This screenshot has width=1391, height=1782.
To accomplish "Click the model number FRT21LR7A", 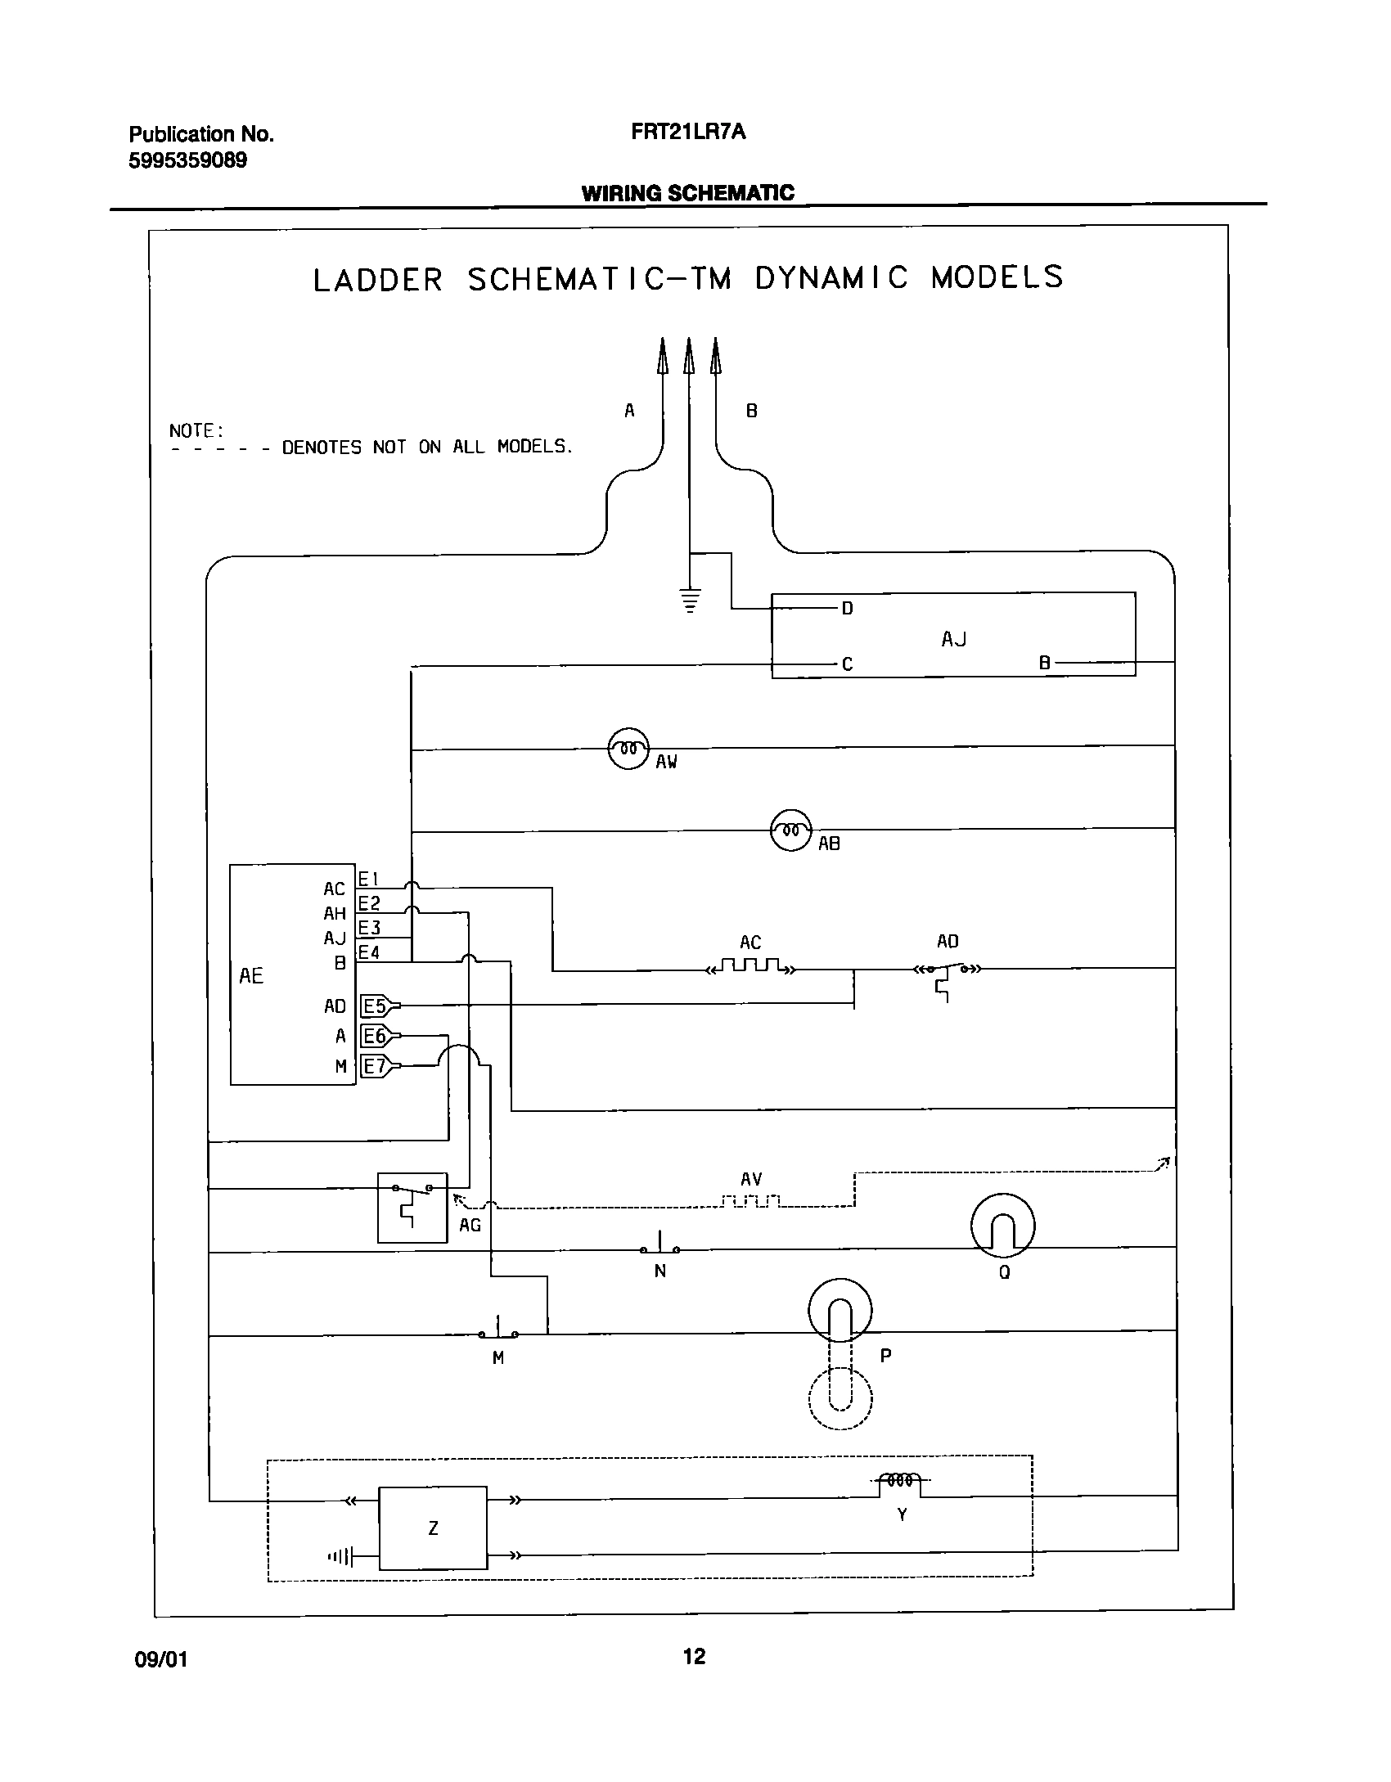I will (x=688, y=133).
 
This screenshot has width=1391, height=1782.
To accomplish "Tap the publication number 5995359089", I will (x=188, y=160).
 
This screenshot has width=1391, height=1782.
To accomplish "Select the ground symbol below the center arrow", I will (x=691, y=600).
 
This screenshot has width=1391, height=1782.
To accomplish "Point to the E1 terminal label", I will (x=369, y=880).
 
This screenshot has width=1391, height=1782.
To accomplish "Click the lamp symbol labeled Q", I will (x=1002, y=1226).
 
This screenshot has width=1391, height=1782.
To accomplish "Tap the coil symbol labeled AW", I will (x=628, y=749).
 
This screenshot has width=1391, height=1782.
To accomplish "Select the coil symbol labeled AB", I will (x=790, y=830).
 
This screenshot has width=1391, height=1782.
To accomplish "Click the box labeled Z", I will (x=433, y=1528).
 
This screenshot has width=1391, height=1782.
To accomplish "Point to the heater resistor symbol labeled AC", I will (x=750, y=967).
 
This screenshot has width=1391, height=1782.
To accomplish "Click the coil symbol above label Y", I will (x=900, y=1480).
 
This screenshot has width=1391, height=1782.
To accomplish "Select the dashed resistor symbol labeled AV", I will (x=751, y=1201).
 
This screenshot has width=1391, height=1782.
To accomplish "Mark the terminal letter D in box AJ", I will (x=848, y=609).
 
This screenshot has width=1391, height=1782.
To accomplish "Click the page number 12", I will (x=694, y=1657).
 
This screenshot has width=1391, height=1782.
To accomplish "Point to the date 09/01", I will (x=160, y=1659).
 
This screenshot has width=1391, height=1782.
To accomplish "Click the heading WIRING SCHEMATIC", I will (x=687, y=193).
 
